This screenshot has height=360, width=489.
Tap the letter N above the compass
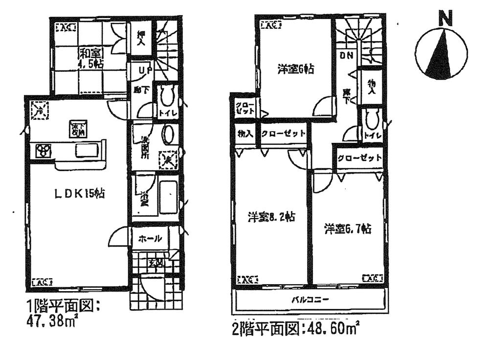(x=444, y=19)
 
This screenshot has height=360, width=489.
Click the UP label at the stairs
(x=143, y=71)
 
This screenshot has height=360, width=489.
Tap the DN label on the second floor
(x=346, y=55)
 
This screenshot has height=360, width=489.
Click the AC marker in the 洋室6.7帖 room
(x=373, y=278)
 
